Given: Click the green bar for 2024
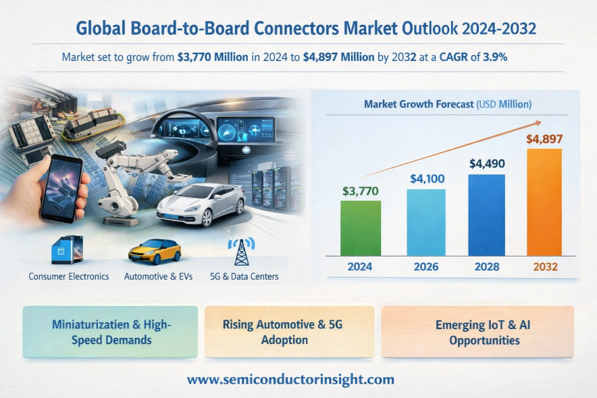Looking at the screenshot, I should pos(361,228).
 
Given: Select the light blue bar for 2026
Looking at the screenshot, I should pos(426,222).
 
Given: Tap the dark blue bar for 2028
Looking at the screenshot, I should pos(486,215).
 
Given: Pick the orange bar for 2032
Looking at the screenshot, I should pos(544,202).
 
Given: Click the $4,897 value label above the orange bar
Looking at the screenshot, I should pos(544,139).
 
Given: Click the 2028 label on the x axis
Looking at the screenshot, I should pos(486,266).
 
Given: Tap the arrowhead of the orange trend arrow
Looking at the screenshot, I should pos(538,122).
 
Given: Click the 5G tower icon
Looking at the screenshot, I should pos(240,251).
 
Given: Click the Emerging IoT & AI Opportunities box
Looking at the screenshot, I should pos(477,332).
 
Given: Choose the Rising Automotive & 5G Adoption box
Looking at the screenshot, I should pos(288,332).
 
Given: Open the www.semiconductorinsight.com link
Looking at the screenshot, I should pos(290,380).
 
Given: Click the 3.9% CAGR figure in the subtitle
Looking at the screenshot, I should pos(494,57).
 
